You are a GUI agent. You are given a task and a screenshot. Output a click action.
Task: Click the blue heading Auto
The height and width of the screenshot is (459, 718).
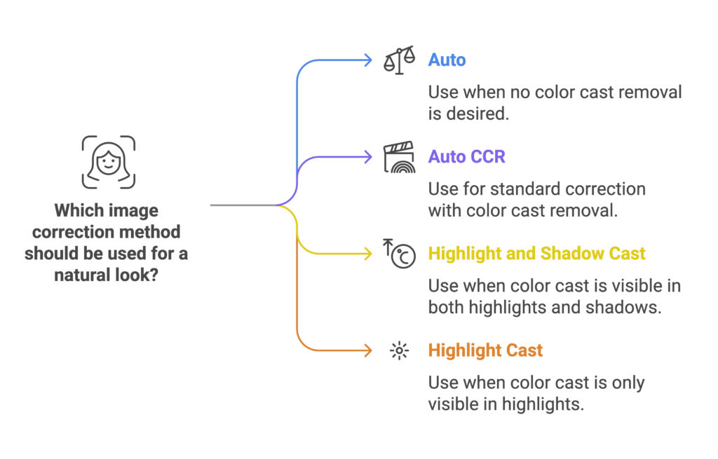pyautogui.click(x=447, y=60)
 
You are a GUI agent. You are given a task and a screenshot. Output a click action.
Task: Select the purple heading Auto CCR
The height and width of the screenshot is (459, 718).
pyautogui.click(x=466, y=156)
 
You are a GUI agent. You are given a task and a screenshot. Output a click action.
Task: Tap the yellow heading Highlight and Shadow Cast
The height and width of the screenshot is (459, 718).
pyautogui.click(x=536, y=254)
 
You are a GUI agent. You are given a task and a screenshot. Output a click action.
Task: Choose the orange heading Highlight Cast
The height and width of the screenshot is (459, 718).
pyautogui.click(x=485, y=350)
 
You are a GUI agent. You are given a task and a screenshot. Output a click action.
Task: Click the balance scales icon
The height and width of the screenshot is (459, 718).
pyautogui.click(x=399, y=60)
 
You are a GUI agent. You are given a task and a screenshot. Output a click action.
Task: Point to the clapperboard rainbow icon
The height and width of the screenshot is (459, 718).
pyautogui.click(x=399, y=157)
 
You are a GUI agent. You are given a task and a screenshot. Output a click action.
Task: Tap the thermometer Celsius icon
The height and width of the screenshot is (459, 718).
pyautogui.click(x=399, y=254)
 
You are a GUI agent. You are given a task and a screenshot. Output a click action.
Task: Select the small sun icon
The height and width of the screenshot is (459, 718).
pyautogui.click(x=399, y=351)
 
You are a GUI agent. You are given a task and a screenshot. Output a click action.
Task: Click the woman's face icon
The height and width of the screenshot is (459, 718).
pyautogui.click(x=109, y=162)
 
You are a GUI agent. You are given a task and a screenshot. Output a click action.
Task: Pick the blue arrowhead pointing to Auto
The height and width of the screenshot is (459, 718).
pyautogui.click(x=368, y=60)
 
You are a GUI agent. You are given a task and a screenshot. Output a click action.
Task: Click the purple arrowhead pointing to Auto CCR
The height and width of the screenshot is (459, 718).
pyautogui.click(x=368, y=157)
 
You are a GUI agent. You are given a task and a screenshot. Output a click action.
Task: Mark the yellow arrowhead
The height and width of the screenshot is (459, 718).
pyautogui.click(x=368, y=254)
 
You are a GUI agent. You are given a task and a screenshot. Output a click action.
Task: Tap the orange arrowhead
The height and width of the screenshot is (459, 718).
pyautogui.click(x=368, y=350)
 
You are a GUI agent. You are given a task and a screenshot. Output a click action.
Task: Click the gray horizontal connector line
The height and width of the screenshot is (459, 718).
pyautogui.click(x=243, y=205)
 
